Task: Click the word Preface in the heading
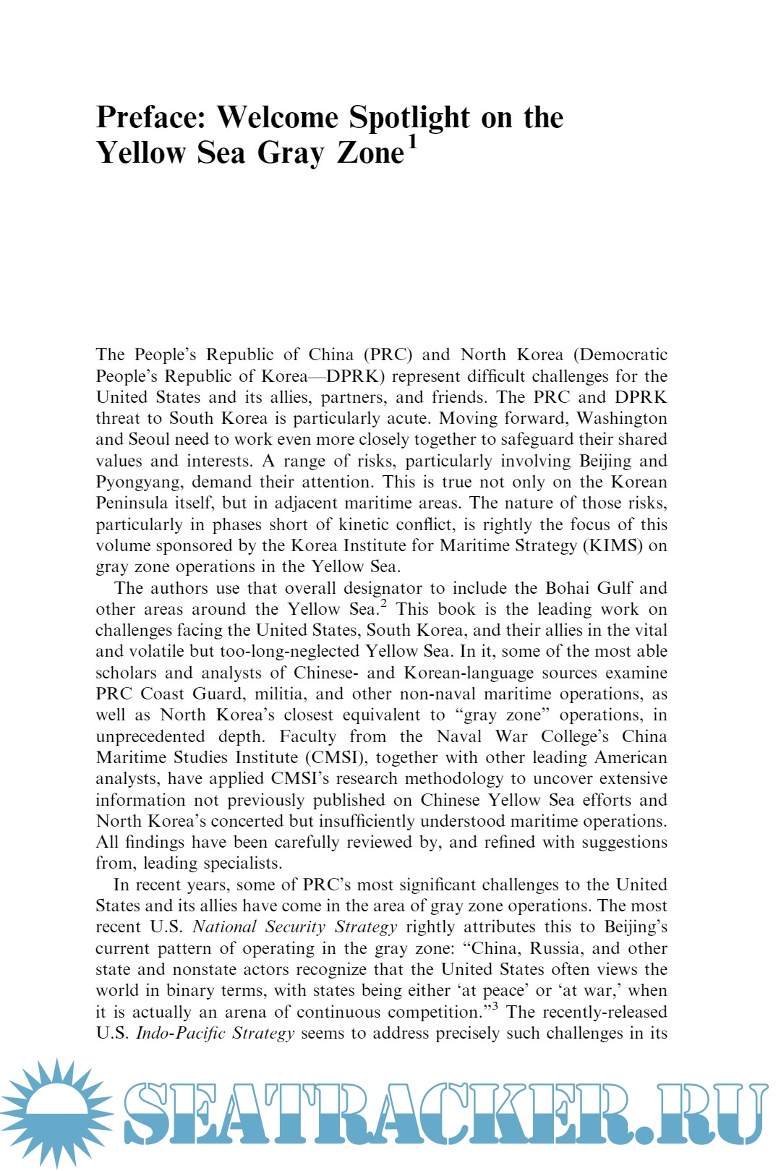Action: [151, 118]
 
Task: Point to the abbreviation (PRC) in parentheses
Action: [388, 355]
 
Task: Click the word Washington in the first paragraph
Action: [621, 419]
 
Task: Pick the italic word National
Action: [224, 927]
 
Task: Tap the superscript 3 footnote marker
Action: [495, 1007]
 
